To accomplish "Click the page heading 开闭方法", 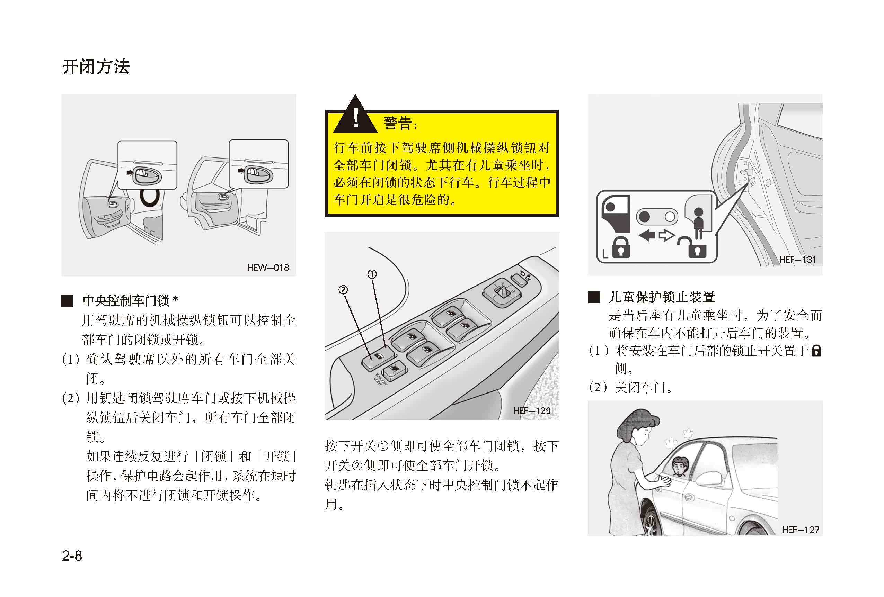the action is click(96, 67).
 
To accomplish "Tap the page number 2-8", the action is click(72, 555).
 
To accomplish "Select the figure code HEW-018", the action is click(268, 268).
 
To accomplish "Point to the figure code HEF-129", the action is click(532, 411).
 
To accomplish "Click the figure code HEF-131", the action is click(798, 260).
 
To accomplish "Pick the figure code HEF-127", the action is click(801, 530).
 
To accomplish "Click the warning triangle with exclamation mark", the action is click(355, 114).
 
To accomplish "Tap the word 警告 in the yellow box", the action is click(398, 123).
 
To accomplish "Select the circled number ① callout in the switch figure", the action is click(372, 274).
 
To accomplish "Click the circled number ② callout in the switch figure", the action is click(343, 290).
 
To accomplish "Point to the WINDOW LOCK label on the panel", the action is click(380, 379).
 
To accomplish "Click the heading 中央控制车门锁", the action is click(126, 301).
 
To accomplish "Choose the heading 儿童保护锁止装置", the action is click(662, 297).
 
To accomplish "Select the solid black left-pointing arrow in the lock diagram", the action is click(647, 236).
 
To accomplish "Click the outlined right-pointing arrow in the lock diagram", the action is click(666, 236).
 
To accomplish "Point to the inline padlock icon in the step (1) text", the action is click(816, 350).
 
